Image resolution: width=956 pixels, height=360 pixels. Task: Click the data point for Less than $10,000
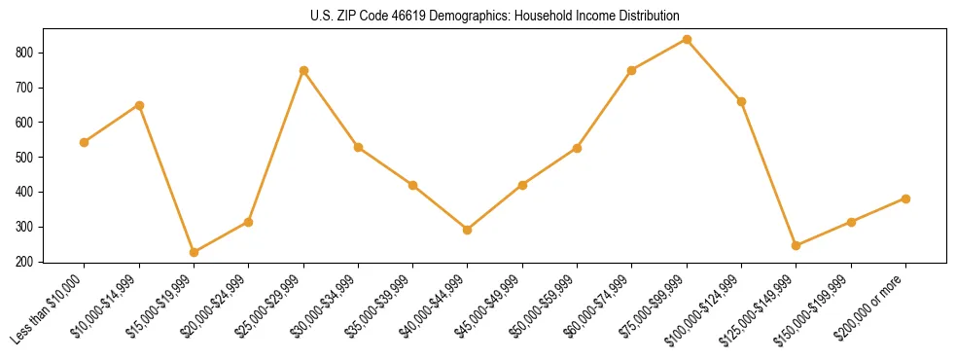click(85, 142)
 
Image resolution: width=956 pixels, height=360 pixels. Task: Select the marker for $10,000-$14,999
click(139, 105)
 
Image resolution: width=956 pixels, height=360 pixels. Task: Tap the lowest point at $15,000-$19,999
click(195, 252)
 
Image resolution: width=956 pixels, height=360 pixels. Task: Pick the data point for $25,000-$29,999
click(304, 70)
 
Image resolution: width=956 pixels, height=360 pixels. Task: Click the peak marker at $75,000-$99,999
click(688, 39)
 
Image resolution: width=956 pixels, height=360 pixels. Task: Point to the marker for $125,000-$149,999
click(797, 245)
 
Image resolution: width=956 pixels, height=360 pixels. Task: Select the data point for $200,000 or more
click(906, 198)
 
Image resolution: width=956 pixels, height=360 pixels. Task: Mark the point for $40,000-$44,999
click(468, 230)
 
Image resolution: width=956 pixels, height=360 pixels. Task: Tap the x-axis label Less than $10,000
click(49, 308)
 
